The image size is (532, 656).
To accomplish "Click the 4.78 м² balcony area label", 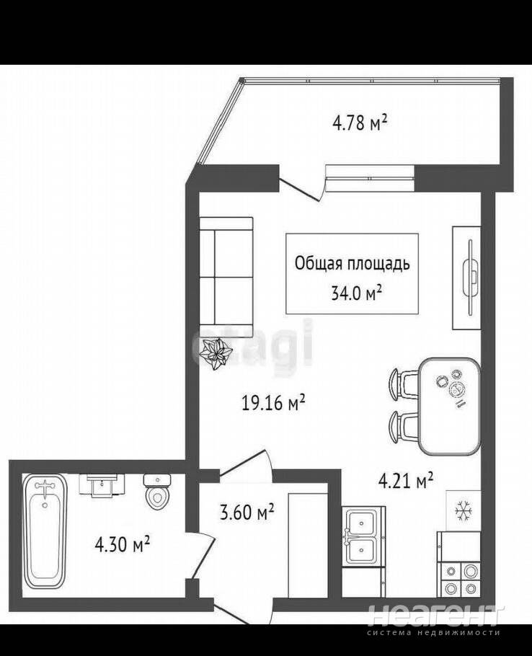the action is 360,123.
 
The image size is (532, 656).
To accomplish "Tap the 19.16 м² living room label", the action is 273,403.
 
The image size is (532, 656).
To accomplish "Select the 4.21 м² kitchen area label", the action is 405,481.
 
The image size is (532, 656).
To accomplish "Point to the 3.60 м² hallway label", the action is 247,512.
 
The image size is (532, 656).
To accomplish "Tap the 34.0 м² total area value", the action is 356,293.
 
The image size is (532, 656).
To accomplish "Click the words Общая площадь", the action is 353,264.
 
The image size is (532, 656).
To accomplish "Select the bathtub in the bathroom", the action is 45,531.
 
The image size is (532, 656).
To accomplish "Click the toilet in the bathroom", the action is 157,492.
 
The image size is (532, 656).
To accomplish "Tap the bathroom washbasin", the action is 102,485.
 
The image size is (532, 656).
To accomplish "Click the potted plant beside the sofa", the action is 216,354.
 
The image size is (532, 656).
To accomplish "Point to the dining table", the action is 449,407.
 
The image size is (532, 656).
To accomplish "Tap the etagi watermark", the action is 252,342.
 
